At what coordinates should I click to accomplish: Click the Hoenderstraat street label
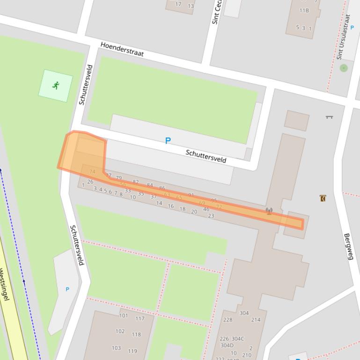122,49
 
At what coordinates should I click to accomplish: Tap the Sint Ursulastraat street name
343,37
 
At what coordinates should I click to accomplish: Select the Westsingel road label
5,284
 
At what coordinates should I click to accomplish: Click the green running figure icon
56,85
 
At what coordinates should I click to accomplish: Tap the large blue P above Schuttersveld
168,140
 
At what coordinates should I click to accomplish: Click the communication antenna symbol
269,211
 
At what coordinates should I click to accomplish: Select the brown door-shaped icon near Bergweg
323,198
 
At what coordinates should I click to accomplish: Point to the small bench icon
329,117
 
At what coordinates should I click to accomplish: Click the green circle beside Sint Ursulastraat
344,68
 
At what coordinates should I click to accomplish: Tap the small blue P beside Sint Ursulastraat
353,28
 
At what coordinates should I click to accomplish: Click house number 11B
304,10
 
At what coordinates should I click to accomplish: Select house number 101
123,316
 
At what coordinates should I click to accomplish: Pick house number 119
132,351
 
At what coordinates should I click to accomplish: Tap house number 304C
238,339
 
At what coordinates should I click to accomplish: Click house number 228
228,320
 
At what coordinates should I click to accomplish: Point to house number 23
211,216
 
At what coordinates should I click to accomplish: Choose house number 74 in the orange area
92,172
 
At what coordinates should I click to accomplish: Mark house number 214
256,320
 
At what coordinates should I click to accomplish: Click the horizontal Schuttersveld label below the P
206,156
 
